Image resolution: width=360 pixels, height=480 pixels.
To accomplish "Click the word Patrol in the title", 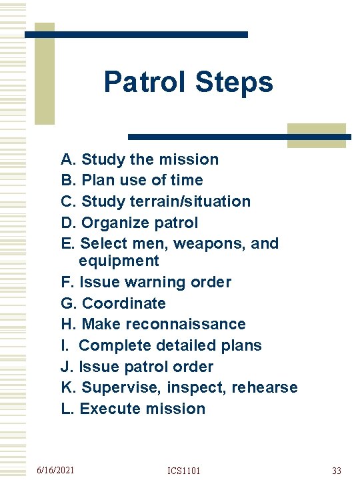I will pos(145,83).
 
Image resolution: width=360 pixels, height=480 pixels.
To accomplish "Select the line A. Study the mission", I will pos(139,159).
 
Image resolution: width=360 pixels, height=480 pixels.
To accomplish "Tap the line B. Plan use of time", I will pos(132,180).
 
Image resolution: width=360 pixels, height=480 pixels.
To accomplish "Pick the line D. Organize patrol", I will pos(129,222).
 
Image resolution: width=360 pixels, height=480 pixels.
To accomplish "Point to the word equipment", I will pos(119,261).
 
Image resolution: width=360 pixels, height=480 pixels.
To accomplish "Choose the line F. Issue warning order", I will pos(146,282).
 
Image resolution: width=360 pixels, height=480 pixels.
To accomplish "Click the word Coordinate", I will pos(123,303).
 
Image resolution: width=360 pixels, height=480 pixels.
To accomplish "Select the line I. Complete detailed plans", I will pos(161,345).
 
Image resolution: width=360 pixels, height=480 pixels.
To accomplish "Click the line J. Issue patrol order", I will pos(137,367).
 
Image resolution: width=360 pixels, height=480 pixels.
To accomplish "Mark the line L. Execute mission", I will pos(133,409).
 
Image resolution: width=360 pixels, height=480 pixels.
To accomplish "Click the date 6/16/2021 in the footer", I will pos(55,471).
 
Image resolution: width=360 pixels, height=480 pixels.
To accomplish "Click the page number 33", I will pos(337,471).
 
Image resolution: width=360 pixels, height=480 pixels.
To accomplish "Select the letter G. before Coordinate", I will pos(69,303).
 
